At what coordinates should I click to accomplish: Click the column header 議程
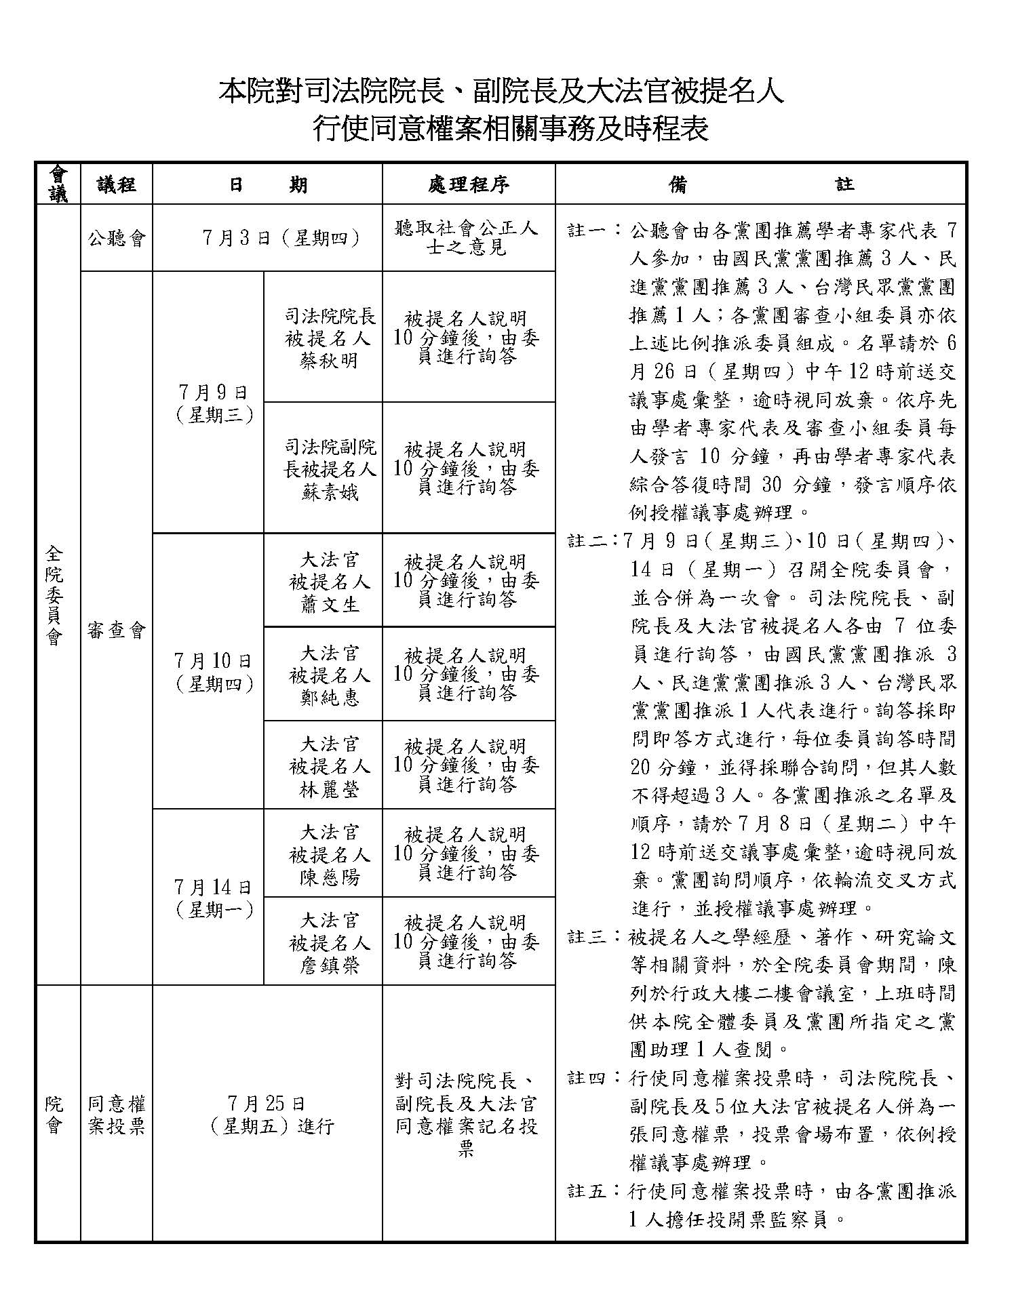click(x=117, y=184)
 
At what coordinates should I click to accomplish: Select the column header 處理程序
click(x=469, y=184)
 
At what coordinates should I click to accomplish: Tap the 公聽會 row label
click(x=117, y=239)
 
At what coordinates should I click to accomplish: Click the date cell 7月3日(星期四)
click(x=281, y=238)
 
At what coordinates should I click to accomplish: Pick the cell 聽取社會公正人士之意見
click(x=467, y=238)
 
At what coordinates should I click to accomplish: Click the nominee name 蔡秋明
click(x=329, y=361)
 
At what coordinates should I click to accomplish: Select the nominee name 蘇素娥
click(x=329, y=492)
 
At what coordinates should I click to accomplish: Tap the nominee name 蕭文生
click(x=329, y=603)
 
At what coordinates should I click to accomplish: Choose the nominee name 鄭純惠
click(x=329, y=697)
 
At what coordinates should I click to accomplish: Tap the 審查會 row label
click(x=117, y=631)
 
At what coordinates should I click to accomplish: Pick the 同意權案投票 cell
click(x=117, y=1115)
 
